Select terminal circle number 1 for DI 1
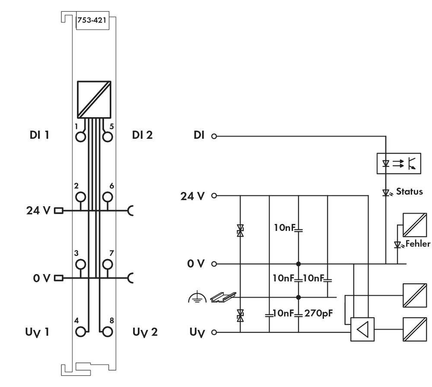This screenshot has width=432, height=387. click(x=80, y=137)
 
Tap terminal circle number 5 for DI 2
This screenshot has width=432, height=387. click(x=108, y=137)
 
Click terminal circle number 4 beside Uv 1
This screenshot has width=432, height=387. click(x=80, y=332)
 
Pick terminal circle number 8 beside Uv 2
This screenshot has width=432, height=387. click(x=108, y=332)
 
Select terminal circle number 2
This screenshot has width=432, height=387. click(x=80, y=198)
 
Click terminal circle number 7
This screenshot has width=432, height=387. click(x=108, y=264)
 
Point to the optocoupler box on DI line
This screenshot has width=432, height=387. click(x=398, y=163)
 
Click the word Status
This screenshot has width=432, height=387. click(x=409, y=191)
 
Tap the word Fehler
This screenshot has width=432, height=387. click(x=417, y=244)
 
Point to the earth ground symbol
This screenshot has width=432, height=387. click(x=194, y=297)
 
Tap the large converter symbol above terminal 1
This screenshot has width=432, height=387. click(x=94, y=99)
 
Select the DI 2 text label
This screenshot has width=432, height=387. click(x=142, y=135)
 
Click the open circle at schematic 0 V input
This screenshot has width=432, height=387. click(x=213, y=264)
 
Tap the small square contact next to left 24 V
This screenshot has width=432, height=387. click(x=58, y=211)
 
